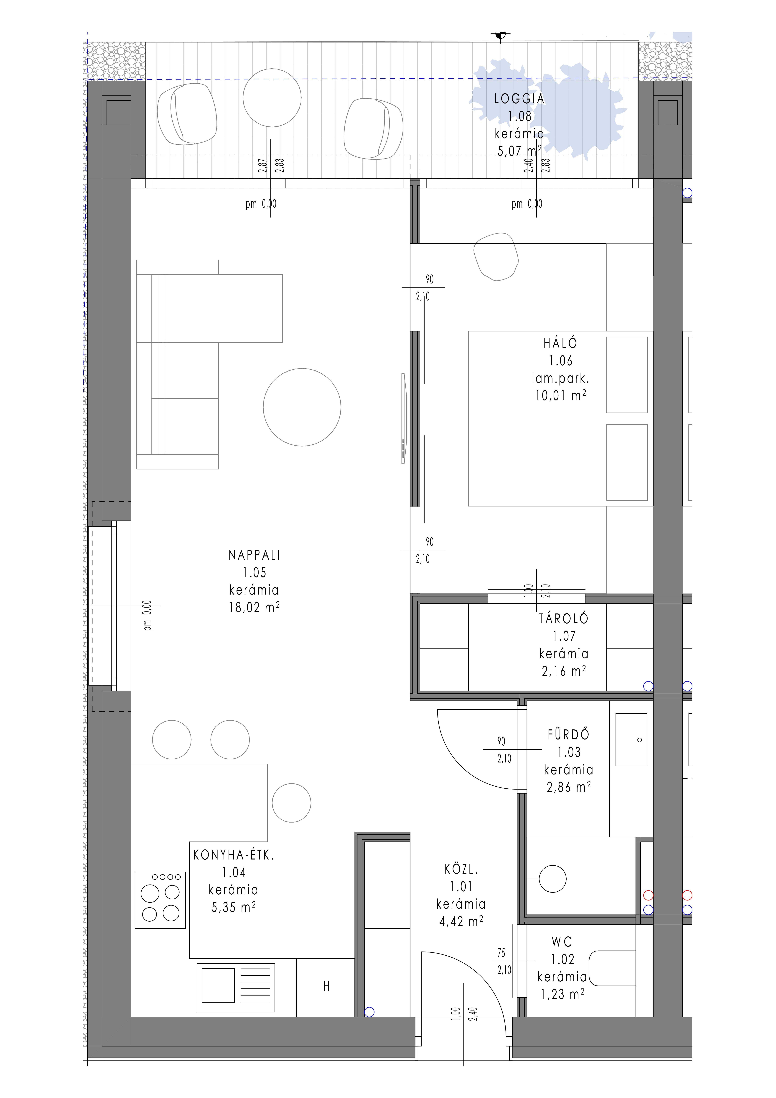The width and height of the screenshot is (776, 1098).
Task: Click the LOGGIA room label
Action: (519, 99)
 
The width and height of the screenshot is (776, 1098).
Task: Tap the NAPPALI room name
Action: (254, 555)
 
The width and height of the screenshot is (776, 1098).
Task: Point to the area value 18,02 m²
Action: (254, 607)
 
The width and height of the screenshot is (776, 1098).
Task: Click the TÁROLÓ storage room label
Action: (564, 619)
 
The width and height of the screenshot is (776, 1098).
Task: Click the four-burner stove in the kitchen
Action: (160, 900)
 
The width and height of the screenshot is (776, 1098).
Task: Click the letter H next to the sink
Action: (327, 987)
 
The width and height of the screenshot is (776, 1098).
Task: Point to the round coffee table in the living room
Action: (302, 407)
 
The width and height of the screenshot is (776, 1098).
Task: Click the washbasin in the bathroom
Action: (631, 740)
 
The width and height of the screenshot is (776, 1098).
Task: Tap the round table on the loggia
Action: (272, 97)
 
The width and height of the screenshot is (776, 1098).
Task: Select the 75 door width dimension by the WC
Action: (501, 953)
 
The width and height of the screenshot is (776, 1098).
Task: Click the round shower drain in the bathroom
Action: (553, 879)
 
